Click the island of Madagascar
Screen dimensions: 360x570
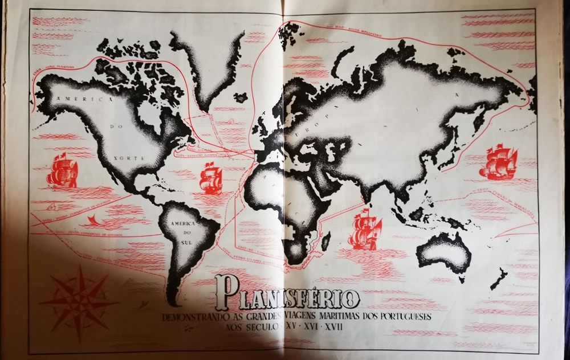(x=325, y=241)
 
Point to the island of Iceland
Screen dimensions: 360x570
(x=241, y=97)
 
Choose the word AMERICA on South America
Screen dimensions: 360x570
(x=182, y=224)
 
